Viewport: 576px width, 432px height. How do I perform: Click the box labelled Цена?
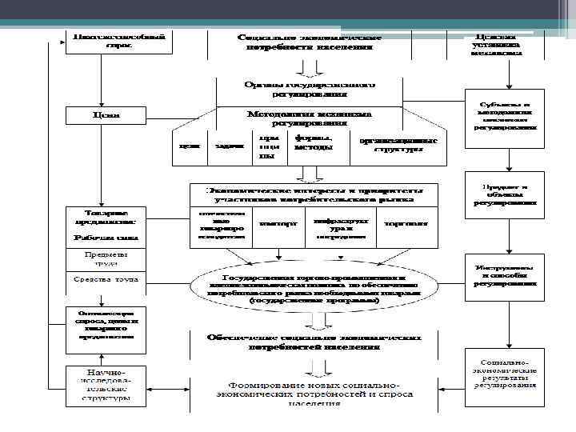tap(106, 115)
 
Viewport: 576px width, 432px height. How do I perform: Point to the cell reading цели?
tap(190, 146)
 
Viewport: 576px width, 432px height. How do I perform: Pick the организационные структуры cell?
tap(397, 145)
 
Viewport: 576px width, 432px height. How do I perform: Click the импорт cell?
tap(278, 224)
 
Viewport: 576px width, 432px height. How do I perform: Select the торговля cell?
tap(405, 224)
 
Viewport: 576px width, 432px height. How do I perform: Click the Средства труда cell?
tap(106, 280)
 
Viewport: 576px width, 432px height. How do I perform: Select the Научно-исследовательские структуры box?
tap(106, 385)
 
